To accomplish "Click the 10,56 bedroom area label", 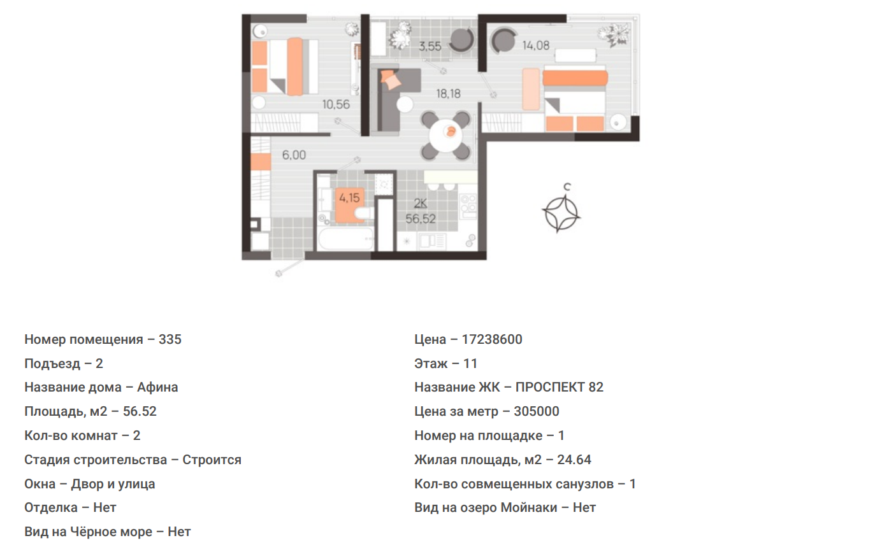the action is pyautogui.click(x=336, y=104).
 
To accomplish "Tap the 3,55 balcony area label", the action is pyautogui.click(x=430, y=46).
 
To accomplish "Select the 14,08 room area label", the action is pyautogui.click(x=535, y=46).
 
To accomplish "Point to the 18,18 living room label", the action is pyautogui.click(x=448, y=94).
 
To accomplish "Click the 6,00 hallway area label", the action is pyautogui.click(x=294, y=155).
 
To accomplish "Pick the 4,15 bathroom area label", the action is pyautogui.click(x=349, y=197).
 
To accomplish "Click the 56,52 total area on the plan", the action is pyautogui.click(x=421, y=219).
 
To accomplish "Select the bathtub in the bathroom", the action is pyautogui.click(x=345, y=239).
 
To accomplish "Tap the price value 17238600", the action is pyautogui.click(x=492, y=339).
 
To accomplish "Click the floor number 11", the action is pyautogui.click(x=470, y=364).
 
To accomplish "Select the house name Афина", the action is pyautogui.click(x=157, y=388).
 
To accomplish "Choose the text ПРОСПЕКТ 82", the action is pyautogui.click(x=559, y=388).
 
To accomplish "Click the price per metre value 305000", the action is pyautogui.click(x=537, y=411).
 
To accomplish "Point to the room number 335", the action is pyautogui.click(x=170, y=339).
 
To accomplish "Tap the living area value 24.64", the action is pyautogui.click(x=574, y=460).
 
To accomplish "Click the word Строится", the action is pyautogui.click(x=212, y=460).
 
